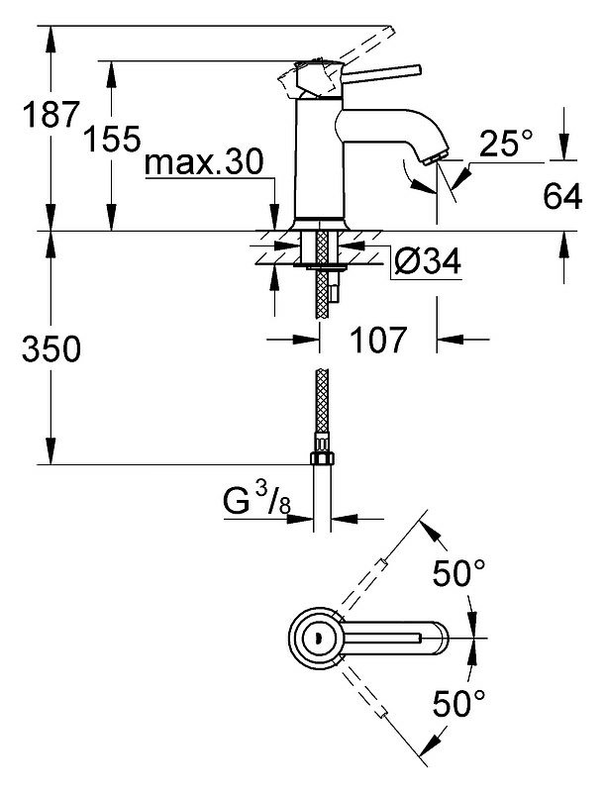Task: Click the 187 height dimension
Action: point(51,115)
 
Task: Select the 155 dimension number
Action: point(112,140)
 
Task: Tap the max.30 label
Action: point(204,163)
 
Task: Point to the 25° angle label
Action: point(506,144)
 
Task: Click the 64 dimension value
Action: point(562,196)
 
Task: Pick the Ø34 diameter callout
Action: point(428,261)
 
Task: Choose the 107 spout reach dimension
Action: point(378,340)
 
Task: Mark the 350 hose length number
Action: point(51,349)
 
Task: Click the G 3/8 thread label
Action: point(256,500)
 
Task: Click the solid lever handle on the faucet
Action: point(382,73)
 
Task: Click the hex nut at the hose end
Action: point(322,458)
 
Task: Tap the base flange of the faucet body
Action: point(319,225)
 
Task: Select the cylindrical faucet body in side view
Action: point(319,157)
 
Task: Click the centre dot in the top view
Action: point(317,638)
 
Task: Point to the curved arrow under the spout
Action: point(417,176)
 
